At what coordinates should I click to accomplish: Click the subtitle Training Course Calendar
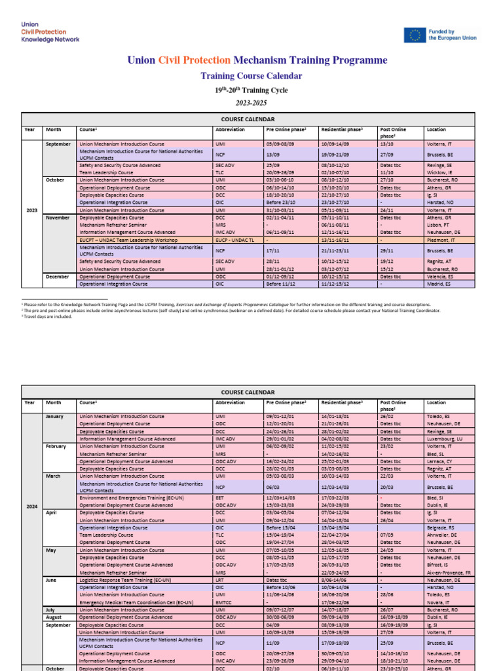(x=251, y=76)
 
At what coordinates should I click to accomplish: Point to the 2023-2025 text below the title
(x=251, y=103)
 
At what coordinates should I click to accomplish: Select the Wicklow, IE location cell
(x=439, y=172)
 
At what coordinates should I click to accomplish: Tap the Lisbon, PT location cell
(x=438, y=224)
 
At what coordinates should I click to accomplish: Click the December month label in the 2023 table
(x=58, y=277)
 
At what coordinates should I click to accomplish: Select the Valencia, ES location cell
(x=439, y=277)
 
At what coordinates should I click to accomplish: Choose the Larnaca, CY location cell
(x=439, y=461)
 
